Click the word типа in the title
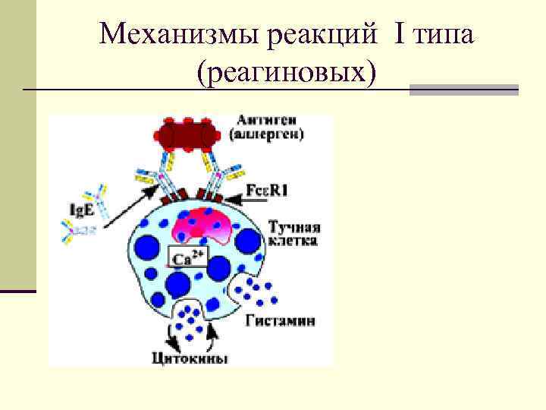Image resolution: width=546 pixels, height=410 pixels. [x=444, y=34]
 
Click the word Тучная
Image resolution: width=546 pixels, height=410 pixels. [x=294, y=226]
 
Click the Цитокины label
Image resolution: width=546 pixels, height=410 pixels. [x=190, y=358]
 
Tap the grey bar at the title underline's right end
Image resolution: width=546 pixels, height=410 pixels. [x=463, y=90]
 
